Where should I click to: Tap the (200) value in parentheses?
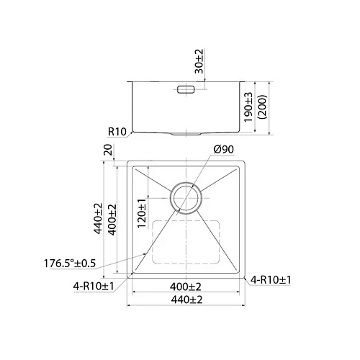pos(264,108)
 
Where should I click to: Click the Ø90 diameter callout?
pos(223,150)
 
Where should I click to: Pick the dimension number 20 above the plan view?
pos(108,150)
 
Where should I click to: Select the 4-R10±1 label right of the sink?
pos(270,280)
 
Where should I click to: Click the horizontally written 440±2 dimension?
pos(186,300)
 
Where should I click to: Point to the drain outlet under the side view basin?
pos(186,135)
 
